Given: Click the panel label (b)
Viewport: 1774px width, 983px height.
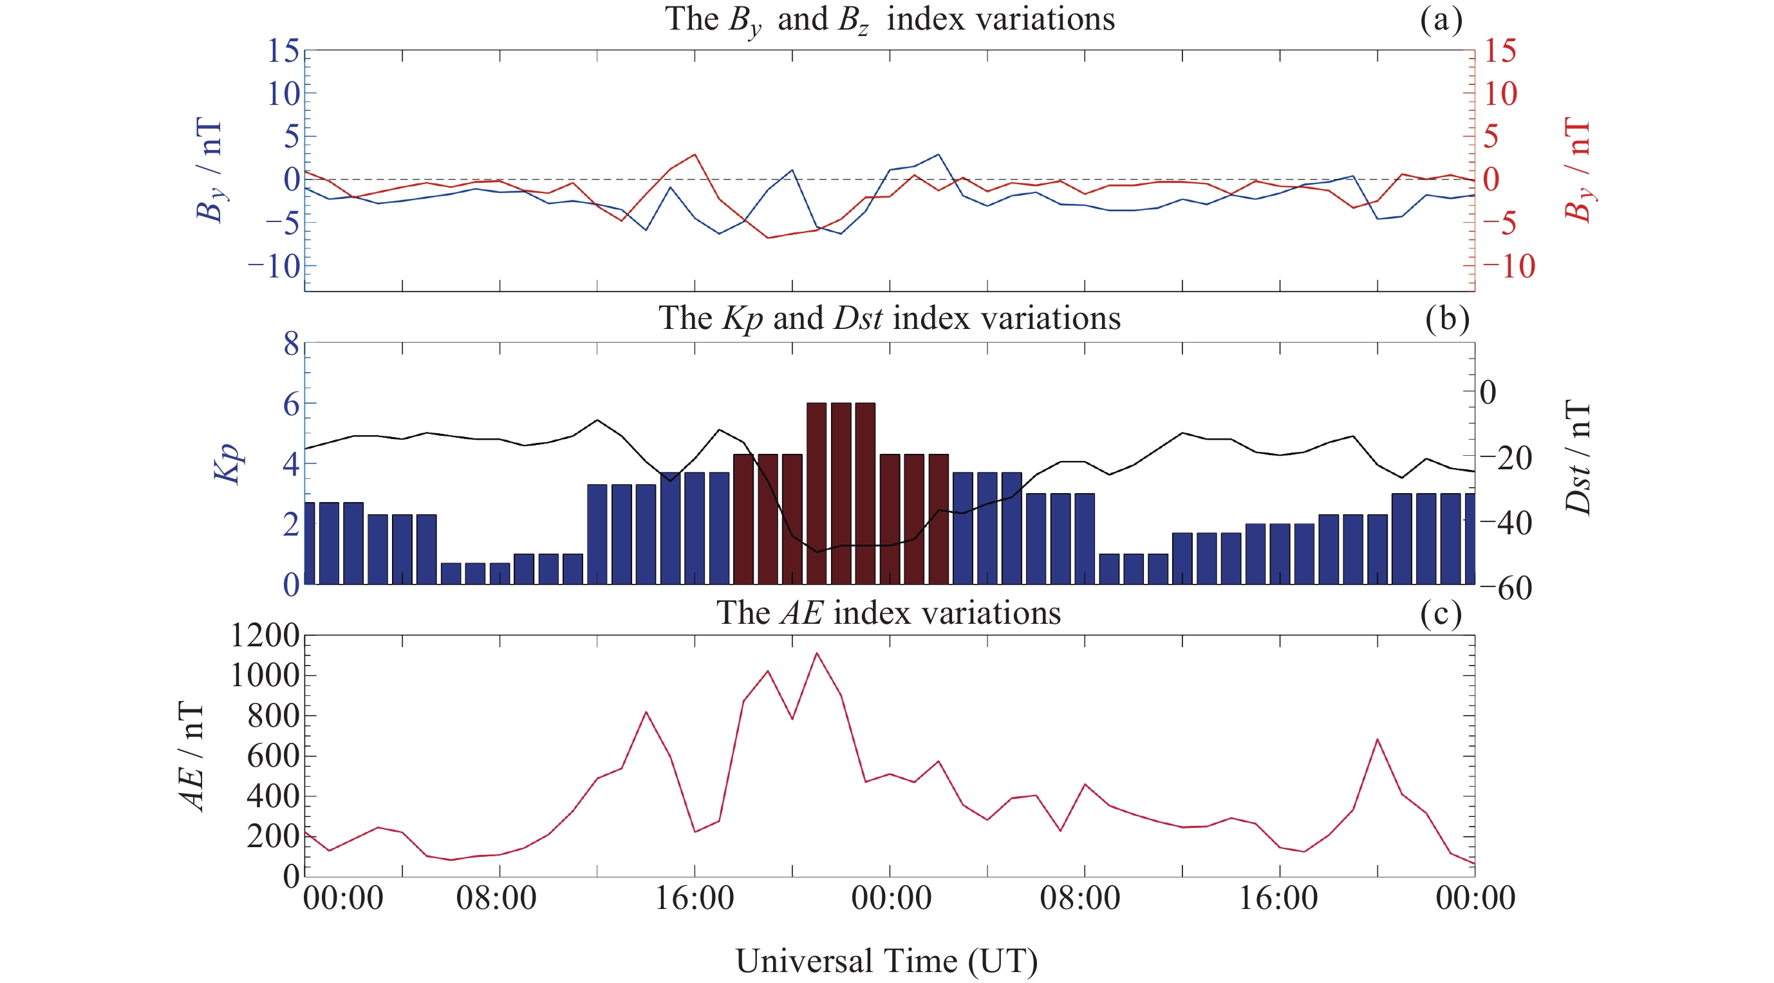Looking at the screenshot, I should click(1447, 318).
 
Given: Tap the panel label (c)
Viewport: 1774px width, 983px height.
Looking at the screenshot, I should click(1441, 613).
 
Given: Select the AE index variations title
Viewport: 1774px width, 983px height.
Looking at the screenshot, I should click(888, 612).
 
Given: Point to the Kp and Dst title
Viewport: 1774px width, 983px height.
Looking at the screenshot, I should click(889, 318).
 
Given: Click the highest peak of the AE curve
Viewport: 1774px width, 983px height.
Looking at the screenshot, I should click(817, 653).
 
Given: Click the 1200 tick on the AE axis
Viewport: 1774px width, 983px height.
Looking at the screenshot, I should click(265, 635).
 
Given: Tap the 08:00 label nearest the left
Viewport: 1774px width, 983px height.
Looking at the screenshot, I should click(496, 898).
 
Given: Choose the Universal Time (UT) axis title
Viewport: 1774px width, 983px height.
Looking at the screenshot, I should click(887, 960).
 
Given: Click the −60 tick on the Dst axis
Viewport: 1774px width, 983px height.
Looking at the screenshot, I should click(1505, 588).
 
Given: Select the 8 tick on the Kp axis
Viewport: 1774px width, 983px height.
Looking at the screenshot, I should click(292, 343).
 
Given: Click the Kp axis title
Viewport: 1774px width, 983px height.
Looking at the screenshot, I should click(228, 463).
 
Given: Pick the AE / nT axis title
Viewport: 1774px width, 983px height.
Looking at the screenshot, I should click(192, 756).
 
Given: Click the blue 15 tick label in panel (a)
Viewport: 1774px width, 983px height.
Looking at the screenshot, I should click(283, 51).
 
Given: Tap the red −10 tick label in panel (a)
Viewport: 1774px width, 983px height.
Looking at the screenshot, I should click(1508, 266).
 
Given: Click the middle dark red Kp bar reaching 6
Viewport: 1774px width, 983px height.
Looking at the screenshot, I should click(841, 493).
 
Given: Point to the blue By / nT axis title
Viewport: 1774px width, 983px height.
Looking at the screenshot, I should click(210, 170).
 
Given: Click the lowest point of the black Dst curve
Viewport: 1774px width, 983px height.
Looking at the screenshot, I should click(817, 552).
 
